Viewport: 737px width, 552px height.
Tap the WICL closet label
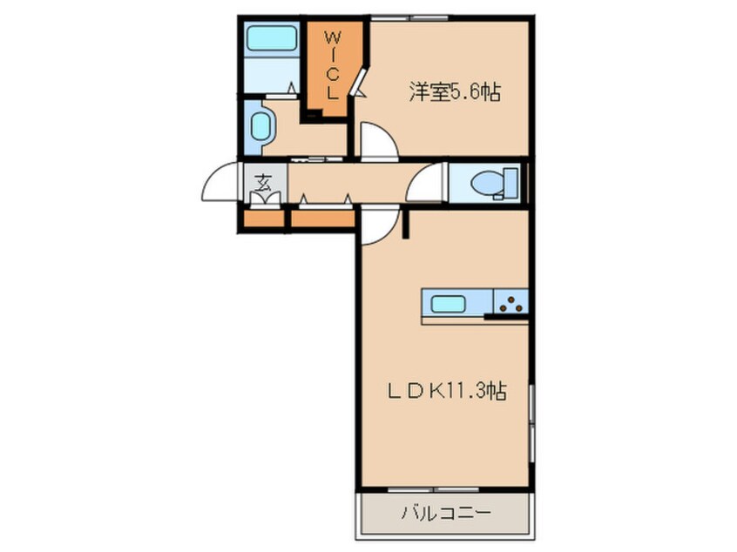click(x=333, y=64)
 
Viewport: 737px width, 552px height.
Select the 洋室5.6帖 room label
click(x=454, y=92)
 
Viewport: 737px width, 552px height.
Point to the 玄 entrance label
click(x=262, y=184)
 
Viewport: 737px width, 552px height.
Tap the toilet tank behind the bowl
click(x=511, y=184)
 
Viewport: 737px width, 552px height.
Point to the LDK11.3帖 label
click(x=447, y=392)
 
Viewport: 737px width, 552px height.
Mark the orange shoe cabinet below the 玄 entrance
click(x=262, y=218)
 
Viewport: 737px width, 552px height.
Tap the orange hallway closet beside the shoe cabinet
click(x=321, y=218)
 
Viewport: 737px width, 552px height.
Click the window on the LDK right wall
click(x=531, y=427)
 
